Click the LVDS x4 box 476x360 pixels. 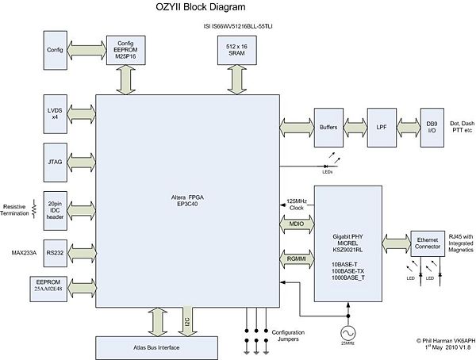point(56,113)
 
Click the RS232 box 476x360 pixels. point(56,252)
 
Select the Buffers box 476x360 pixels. point(328,126)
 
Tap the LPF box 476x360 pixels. point(382,126)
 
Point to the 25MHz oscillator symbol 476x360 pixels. point(346,332)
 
